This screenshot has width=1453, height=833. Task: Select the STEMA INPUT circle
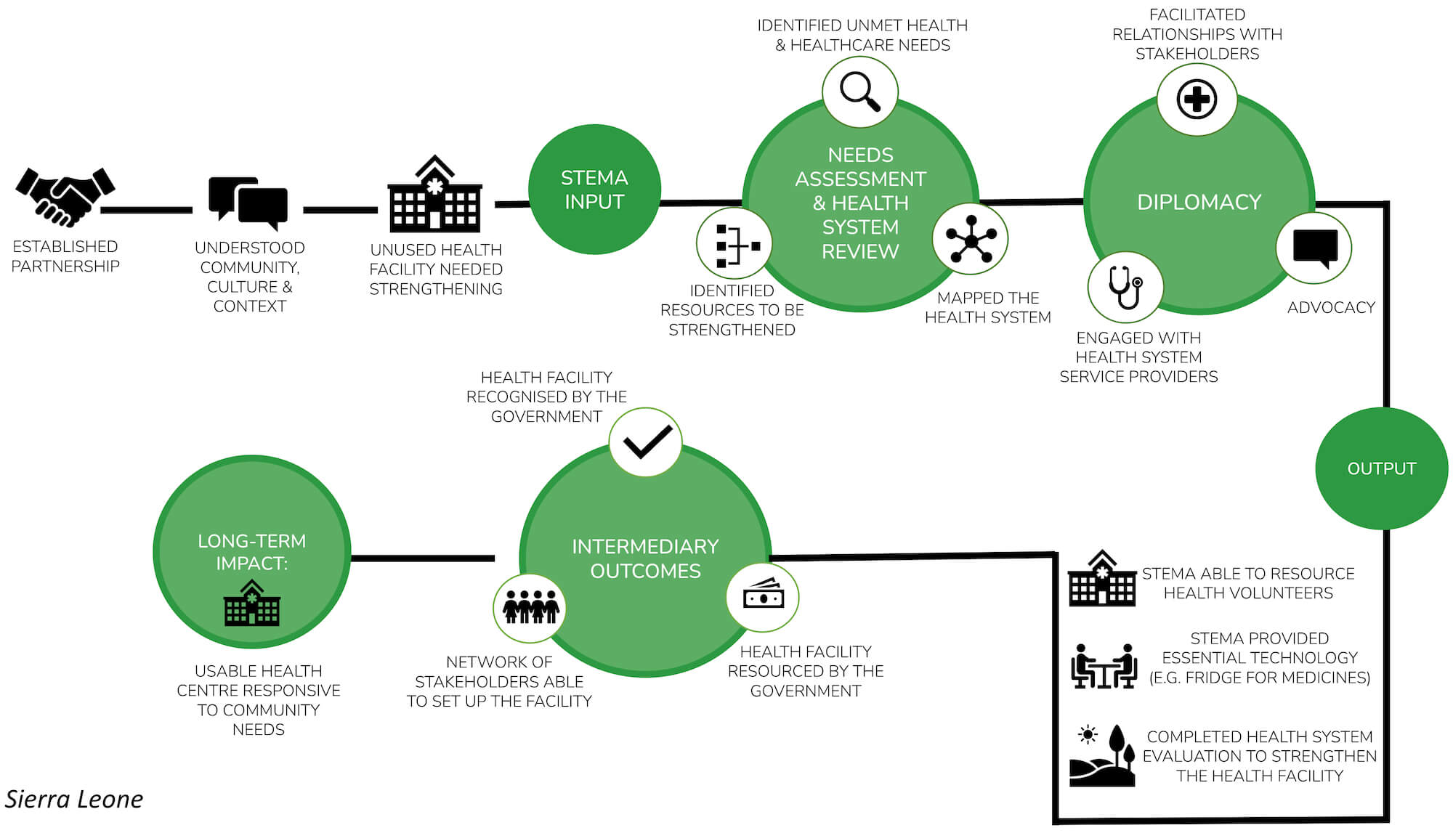[x=594, y=190]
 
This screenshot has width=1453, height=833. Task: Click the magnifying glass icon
[x=860, y=92]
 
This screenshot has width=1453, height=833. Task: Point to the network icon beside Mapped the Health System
[x=970, y=239]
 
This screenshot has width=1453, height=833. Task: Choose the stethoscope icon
[x=1125, y=287]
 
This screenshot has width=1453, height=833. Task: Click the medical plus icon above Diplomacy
[x=1197, y=99]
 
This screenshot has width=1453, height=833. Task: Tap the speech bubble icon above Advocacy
[x=1314, y=248]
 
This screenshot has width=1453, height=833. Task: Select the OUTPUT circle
[x=1381, y=468]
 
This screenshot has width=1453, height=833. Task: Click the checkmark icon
[x=646, y=442]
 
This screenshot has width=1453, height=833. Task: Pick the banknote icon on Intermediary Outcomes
[x=763, y=597]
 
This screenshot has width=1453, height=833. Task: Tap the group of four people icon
[x=530, y=607]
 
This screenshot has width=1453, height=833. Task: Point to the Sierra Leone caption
[x=74, y=799]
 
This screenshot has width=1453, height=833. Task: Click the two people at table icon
[x=1104, y=665]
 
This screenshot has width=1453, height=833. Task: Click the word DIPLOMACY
[x=1199, y=202]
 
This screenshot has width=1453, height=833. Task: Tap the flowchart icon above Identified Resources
[x=734, y=245]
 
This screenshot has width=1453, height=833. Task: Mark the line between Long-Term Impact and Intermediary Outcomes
[x=422, y=558]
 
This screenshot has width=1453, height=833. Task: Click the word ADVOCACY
[x=1331, y=307]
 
